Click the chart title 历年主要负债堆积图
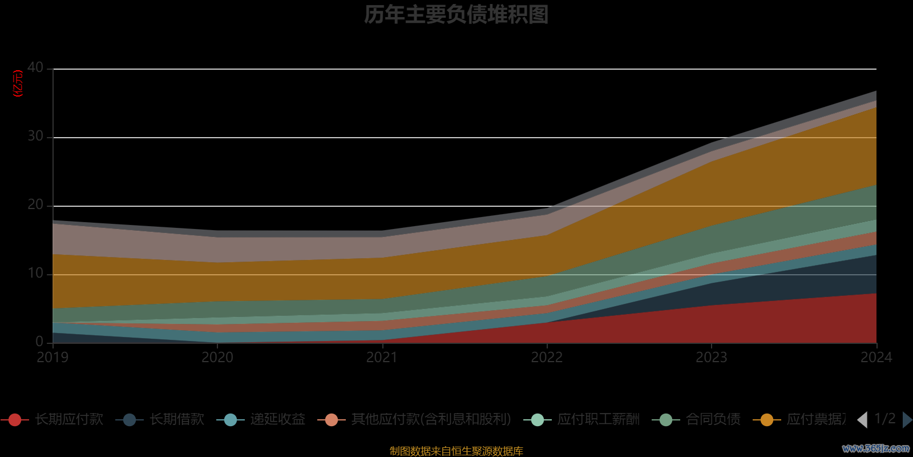(x=456, y=15)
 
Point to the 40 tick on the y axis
(x=35, y=68)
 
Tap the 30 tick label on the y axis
(x=35, y=137)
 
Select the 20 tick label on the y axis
(x=35, y=205)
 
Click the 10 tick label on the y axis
(x=35, y=274)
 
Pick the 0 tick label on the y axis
(x=39, y=342)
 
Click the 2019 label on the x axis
(x=52, y=358)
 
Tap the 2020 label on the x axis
(x=217, y=358)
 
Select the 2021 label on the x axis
(x=382, y=358)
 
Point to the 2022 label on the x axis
(x=547, y=358)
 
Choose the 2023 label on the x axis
(x=711, y=358)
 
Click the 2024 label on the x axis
(x=876, y=358)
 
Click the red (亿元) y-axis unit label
(x=18, y=83)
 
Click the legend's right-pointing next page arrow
(x=907, y=420)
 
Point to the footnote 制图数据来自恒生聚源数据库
(x=456, y=451)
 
